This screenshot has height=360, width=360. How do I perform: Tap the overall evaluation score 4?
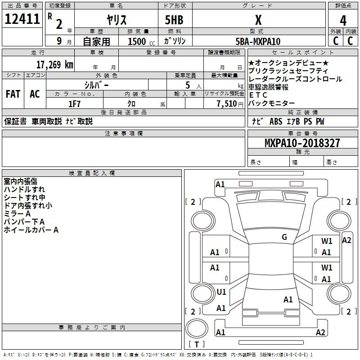coord(343,21)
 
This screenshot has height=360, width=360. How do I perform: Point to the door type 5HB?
coord(174,21)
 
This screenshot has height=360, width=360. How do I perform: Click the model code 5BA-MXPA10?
coord(258,41)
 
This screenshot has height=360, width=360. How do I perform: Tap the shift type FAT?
coord(13,94)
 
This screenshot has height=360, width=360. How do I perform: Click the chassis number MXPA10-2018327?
coord(302,144)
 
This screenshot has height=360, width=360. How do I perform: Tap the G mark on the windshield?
coord(284,237)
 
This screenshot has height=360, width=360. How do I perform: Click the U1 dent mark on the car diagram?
coord(221,292)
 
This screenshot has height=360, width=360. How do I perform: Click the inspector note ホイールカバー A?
coord(31,230)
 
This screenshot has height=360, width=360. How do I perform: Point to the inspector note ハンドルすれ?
coord(24,189)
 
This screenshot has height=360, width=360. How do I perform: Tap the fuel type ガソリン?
coord(175,41)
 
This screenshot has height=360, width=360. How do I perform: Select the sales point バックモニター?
coord(271,103)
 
